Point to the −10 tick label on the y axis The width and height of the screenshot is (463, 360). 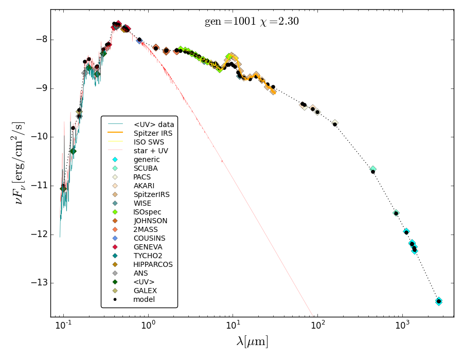[x=37, y=137]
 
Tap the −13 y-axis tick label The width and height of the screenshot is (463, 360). [x=37, y=283]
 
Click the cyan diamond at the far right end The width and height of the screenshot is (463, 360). [x=438, y=301]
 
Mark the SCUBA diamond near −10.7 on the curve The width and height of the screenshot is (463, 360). [x=373, y=169]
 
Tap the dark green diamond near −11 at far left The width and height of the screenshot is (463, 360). [x=63, y=189]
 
